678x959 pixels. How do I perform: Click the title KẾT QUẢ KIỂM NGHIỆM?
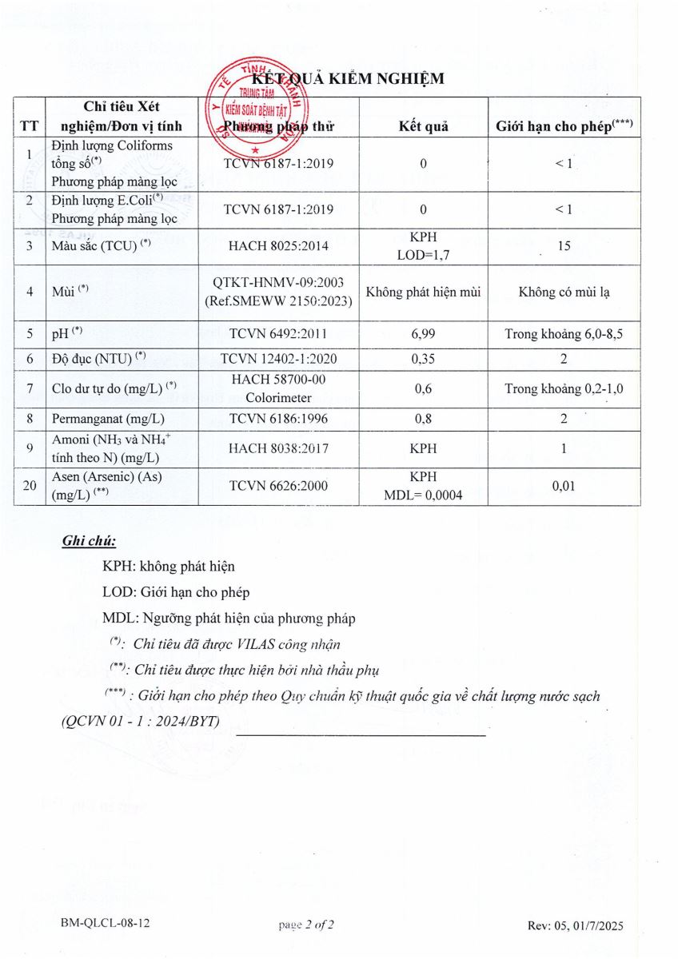pyautogui.click(x=347, y=79)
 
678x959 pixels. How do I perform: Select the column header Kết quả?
pyautogui.click(x=423, y=126)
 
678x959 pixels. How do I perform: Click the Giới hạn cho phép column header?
pyautogui.click(x=564, y=125)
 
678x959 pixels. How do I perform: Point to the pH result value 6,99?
pyautogui.click(x=423, y=332)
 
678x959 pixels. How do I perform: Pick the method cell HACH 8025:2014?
pyautogui.click(x=278, y=247)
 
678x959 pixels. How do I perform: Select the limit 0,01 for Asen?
pyautogui.click(x=564, y=485)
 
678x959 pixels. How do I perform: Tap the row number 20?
pyautogui.click(x=29, y=485)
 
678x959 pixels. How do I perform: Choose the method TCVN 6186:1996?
pyautogui.click(x=278, y=418)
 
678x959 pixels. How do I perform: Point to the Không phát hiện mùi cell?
pyautogui.click(x=423, y=292)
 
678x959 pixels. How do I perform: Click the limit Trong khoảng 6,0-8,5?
pyautogui.click(x=564, y=332)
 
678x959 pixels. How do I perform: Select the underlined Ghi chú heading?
pyautogui.click(x=89, y=541)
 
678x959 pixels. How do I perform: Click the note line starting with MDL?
pyautogui.click(x=229, y=618)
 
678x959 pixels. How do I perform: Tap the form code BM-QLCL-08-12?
pyautogui.click(x=105, y=924)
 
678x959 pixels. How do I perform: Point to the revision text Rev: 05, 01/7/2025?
pyautogui.click(x=575, y=925)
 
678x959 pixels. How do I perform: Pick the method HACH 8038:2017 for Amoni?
pyautogui.click(x=278, y=448)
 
